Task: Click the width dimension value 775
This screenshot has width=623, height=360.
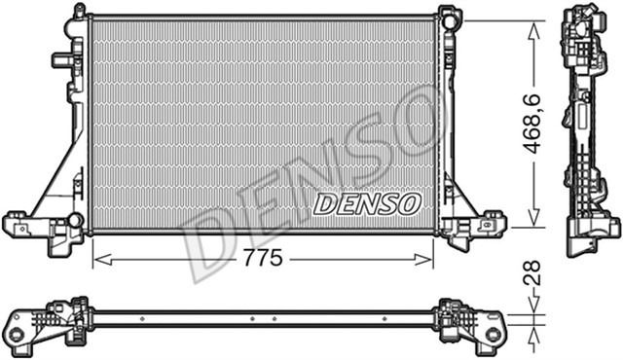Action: (x=263, y=259)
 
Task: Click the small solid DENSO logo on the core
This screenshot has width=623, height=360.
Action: (x=367, y=203)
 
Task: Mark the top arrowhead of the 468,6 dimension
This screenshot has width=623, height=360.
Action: (x=533, y=26)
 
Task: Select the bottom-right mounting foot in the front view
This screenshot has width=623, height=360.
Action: (x=475, y=226)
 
